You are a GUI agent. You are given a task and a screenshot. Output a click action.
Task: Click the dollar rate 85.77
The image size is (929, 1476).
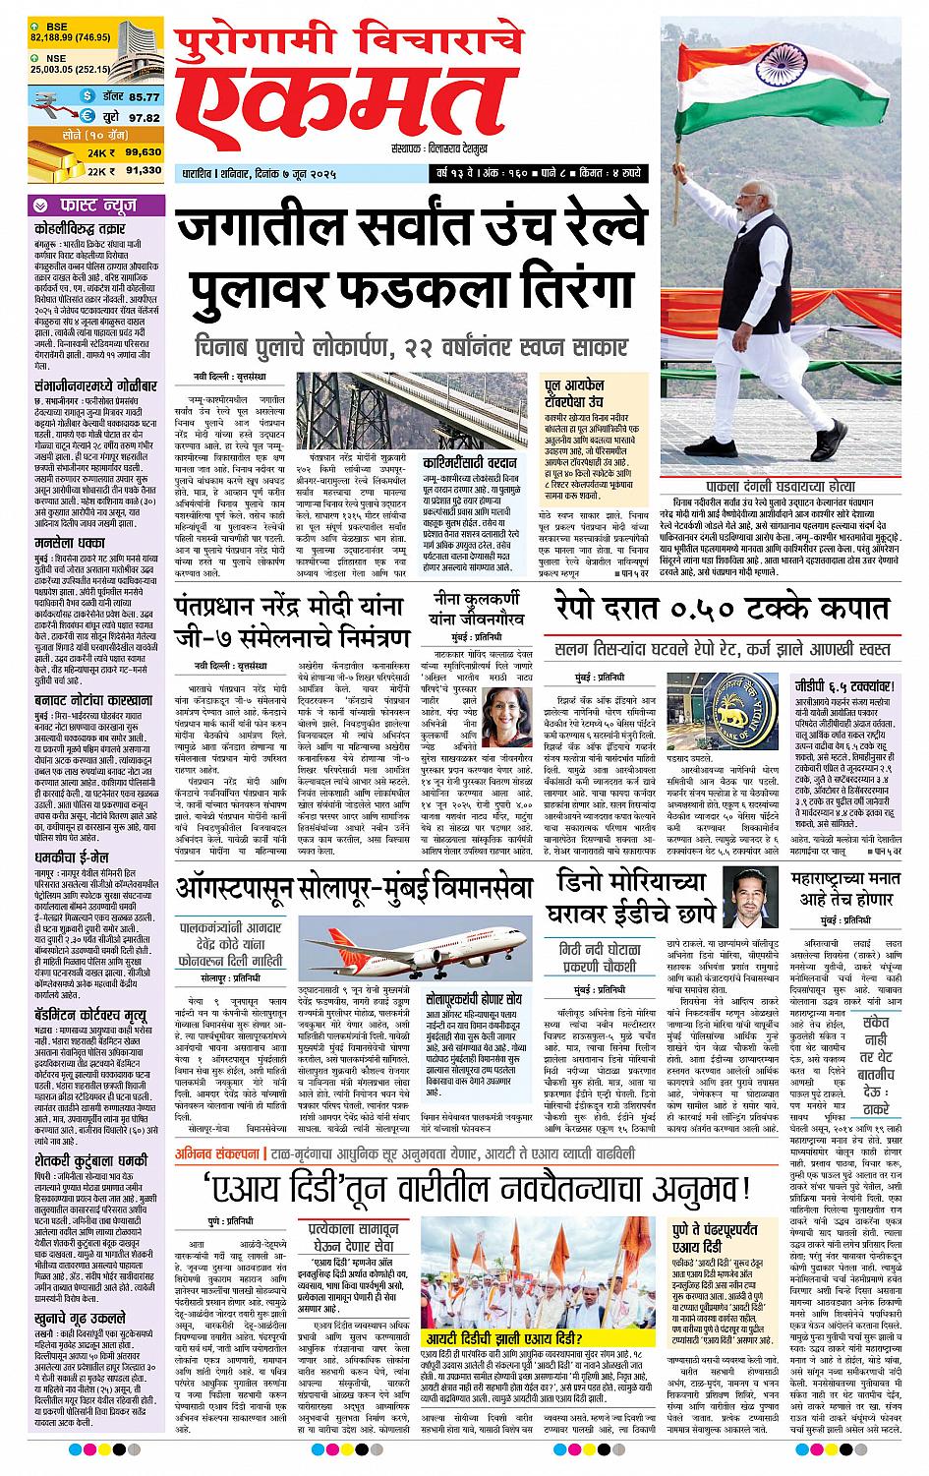[x=144, y=96]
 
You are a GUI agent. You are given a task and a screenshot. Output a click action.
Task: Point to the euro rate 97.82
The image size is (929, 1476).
[x=144, y=117]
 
